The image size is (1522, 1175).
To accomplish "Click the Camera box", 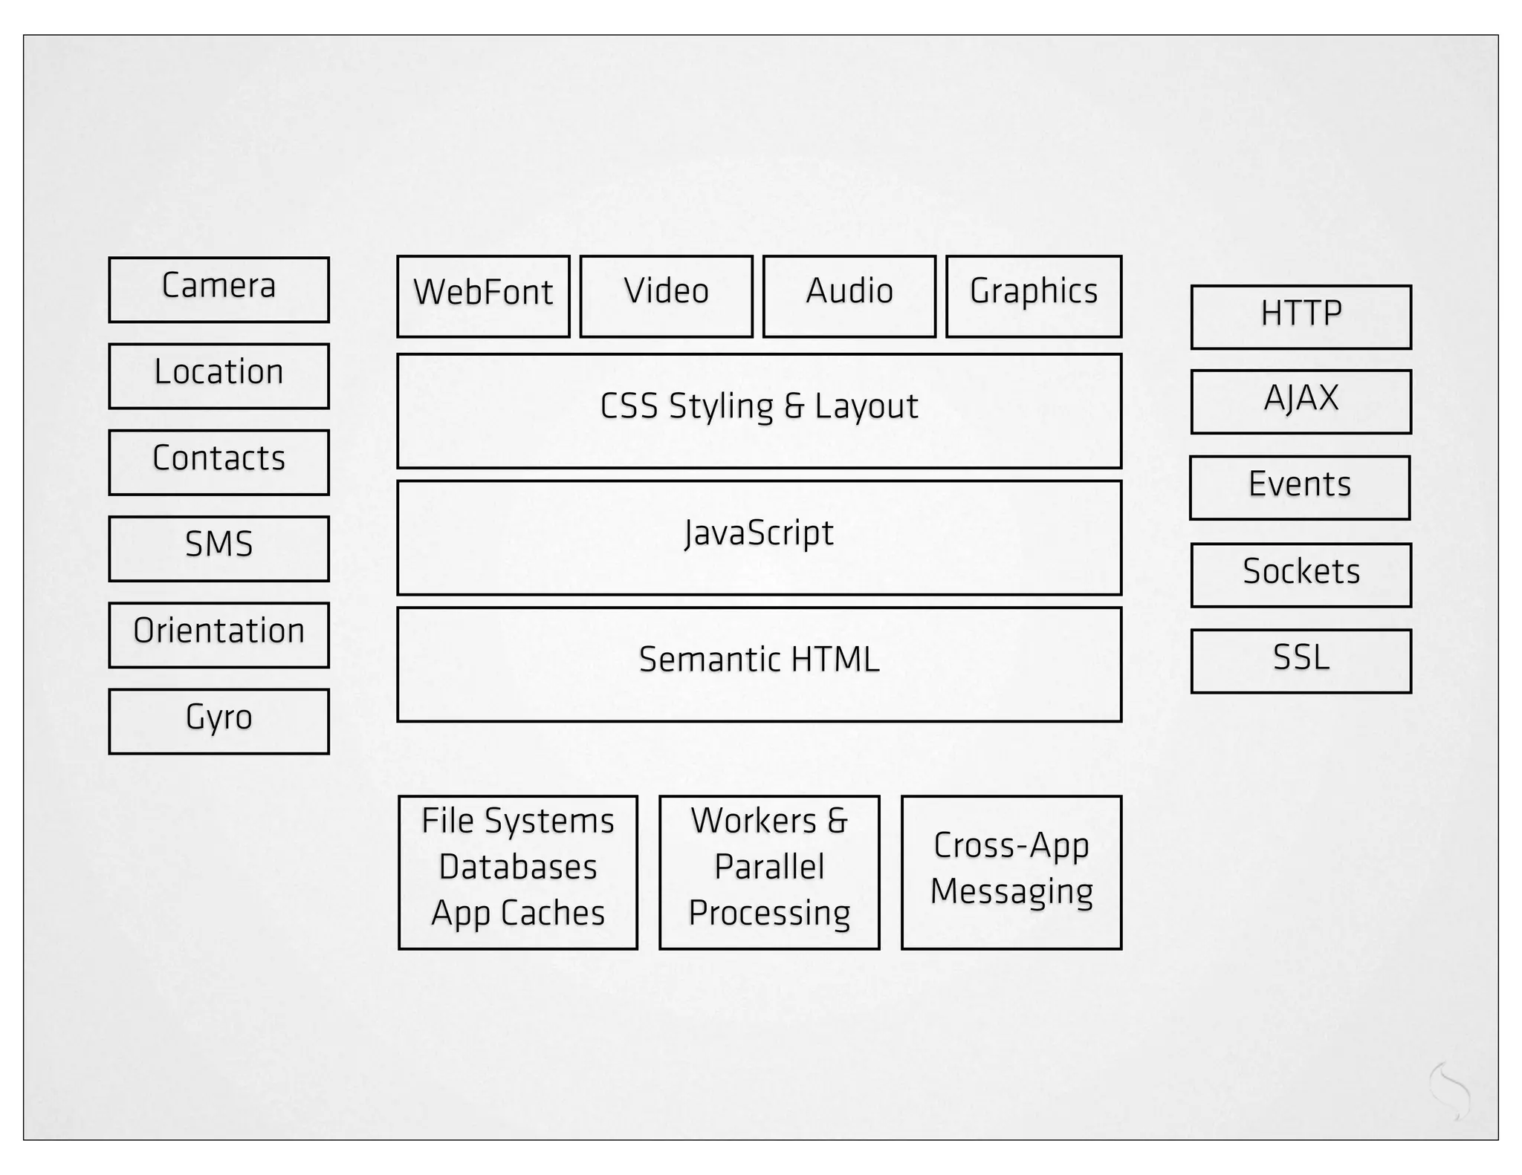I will pyautogui.click(x=218, y=290).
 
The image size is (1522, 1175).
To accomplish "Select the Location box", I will pyautogui.click(x=218, y=376).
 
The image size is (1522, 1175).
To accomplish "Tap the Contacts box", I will pyautogui.click(x=218, y=462).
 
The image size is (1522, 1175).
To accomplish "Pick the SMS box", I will pyautogui.click(x=218, y=548).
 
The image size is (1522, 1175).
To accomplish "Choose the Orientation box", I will pyautogui.click(x=218, y=634).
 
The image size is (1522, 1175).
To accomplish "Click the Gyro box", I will pyautogui.click(x=218, y=720).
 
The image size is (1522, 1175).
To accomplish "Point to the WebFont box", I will pyautogui.click(x=483, y=296).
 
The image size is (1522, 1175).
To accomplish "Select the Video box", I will pyautogui.click(x=666, y=296).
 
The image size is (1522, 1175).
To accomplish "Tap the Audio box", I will pyautogui.click(x=849, y=296).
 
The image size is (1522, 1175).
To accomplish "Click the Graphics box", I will pyautogui.click(x=1033, y=296).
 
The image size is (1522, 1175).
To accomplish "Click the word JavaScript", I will pyautogui.click(x=759, y=533).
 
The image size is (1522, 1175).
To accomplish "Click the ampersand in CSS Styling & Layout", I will pyautogui.click(x=794, y=406).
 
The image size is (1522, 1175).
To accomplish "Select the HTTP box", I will pyautogui.click(x=1301, y=317).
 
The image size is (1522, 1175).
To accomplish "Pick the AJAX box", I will pyautogui.click(x=1301, y=402).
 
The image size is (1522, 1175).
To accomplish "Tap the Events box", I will pyautogui.click(x=1299, y=487).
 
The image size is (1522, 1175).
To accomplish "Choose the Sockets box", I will pyautogui.click(x=1301, y=575).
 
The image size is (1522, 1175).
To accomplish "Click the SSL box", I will pyautogui.click(x=1301, y=661).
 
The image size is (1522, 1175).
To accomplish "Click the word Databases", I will pyautogui.click(x=518, y=867).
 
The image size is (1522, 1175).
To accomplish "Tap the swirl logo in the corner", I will pyautogui.click(x=1449, y=1090).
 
